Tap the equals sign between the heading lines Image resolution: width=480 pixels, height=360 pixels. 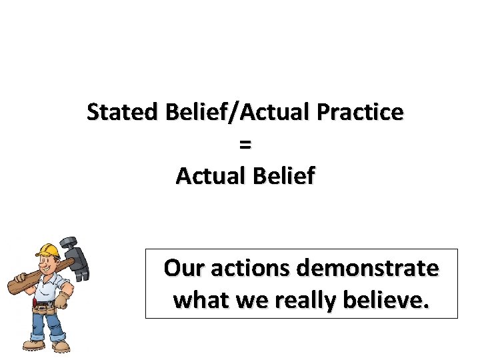(x=245, y=144)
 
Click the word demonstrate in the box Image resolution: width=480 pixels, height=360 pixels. (x=368, y=269)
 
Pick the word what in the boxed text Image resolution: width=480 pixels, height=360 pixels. (x=197, y=300)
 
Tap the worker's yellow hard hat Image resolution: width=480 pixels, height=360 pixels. (x=47, y=250)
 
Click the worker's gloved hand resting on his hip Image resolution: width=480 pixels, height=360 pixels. (x=61, y=300)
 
